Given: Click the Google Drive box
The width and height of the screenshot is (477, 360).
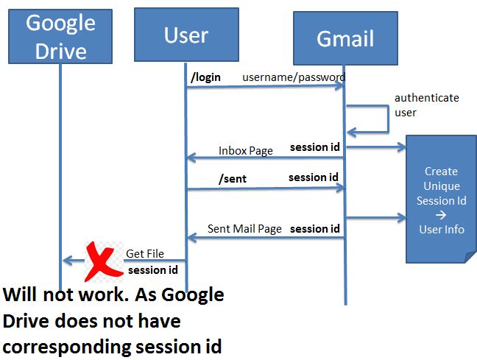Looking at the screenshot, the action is (60, 36).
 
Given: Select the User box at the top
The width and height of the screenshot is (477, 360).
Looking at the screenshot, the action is (186, 35).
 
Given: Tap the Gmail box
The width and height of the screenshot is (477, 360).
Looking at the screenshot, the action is (345, 38).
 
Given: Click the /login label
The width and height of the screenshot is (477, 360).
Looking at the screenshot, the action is (205, 77).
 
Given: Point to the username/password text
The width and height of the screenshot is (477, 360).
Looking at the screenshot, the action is (294, 77).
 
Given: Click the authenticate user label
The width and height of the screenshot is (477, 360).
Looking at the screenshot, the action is (426, 105).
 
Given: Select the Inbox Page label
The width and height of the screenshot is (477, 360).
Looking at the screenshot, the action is (246, 151).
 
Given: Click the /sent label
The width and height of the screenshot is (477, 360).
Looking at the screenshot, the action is (233, 179).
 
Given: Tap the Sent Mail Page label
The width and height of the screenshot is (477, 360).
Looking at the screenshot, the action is (244, 229).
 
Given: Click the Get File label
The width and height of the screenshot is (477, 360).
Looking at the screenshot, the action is (145, 253).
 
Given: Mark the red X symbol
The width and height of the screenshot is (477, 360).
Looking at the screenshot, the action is (104, 261).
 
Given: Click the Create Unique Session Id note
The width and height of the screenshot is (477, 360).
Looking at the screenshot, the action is (441, 200).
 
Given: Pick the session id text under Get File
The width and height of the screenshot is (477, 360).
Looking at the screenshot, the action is (152, 270).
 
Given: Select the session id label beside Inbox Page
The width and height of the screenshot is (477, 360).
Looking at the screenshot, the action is (315, 147).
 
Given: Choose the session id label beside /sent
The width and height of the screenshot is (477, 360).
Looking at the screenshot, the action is (314, 177).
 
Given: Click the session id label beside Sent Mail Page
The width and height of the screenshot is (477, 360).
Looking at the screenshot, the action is (315, 229).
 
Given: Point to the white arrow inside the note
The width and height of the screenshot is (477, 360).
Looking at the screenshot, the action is (441, 215).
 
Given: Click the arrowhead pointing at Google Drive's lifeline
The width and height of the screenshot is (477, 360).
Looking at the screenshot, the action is (67, 261).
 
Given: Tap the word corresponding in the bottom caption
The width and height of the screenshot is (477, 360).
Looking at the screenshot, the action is (67, 347).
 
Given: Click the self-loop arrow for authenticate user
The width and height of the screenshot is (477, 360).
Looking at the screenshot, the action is (389, 119).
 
